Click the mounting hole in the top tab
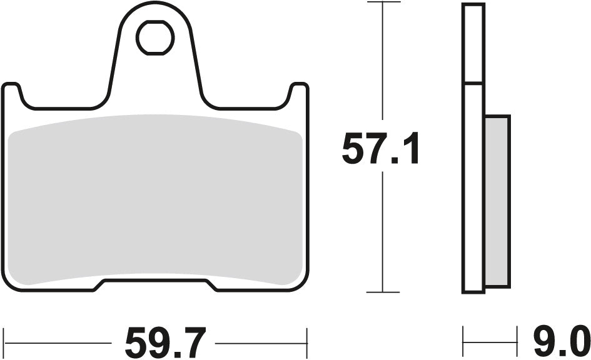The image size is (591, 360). click(x=155, y=38)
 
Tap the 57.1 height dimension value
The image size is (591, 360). click(x=380, y=151)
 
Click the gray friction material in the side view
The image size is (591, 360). click(x=497, y=200)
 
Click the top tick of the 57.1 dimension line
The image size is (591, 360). click(x=383, y=2)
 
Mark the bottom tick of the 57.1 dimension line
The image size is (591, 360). click(x=383, y=292)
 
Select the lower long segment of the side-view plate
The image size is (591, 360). click(x=473, y=187)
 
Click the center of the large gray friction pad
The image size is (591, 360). click(x=156, y=200)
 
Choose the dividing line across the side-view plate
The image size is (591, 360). click(x=473, y=83)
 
